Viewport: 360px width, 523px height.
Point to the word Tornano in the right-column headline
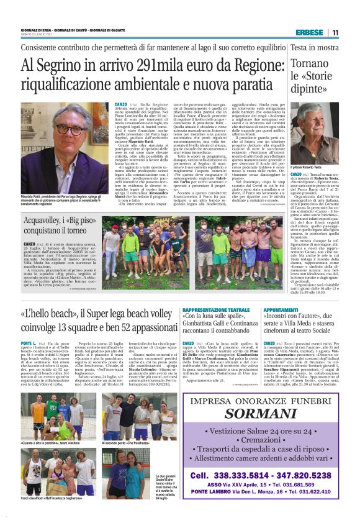pos(313,65)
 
